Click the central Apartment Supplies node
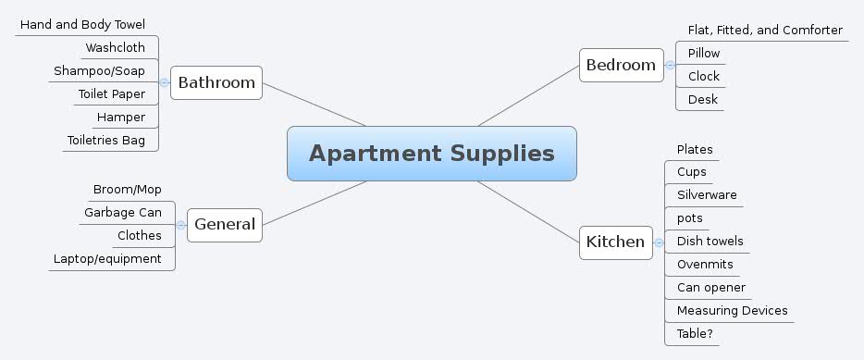(431, 154)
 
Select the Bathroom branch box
(216, 82)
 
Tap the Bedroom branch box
(621, 65)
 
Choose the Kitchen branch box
(615, 242)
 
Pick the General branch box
(224, 224)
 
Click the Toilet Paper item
(111, 93)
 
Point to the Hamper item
(120, 117)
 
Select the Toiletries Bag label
(105, 140)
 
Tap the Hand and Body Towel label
(82, 24)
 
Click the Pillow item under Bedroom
(703, 53)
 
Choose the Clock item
(703, 76)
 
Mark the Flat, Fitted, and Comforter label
(765, 30)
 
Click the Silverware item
(707, 194)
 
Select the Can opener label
(710, 287)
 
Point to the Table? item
(695, 333)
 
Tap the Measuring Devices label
(732, 310)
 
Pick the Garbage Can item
(123, 212)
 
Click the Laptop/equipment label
(107, 258)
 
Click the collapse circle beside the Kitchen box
(659, 242)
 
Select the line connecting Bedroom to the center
(527, 95)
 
